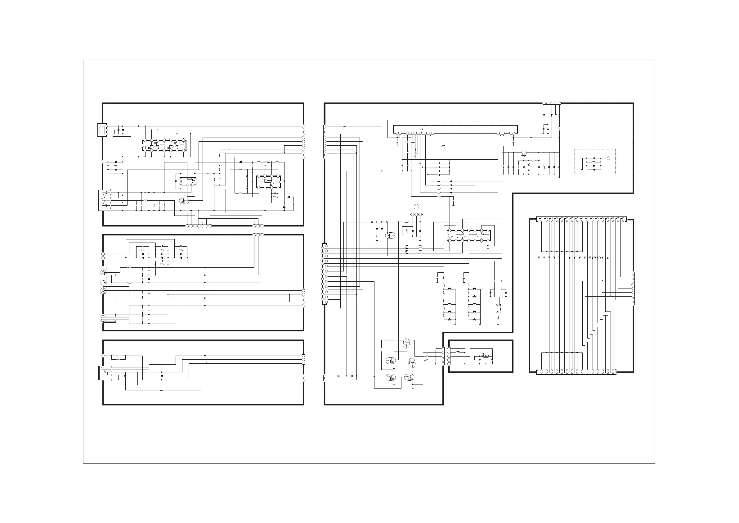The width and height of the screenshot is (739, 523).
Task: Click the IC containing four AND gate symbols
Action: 164,145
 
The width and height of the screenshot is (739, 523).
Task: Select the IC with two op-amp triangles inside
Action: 268,182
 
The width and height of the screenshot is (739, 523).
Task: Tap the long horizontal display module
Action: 455,130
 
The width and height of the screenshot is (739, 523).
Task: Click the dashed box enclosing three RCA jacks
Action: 103,280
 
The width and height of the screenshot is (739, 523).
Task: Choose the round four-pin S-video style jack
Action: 103,319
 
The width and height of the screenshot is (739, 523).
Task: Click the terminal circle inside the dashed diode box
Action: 608,158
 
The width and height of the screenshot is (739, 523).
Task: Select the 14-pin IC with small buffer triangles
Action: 469,235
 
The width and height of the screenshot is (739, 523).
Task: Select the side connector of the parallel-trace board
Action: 633,289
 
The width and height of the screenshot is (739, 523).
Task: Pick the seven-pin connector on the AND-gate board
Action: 199,226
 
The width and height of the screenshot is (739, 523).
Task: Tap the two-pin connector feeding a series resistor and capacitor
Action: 324,378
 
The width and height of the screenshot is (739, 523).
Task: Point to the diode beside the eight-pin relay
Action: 176,181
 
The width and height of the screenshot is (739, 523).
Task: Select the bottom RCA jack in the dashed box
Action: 103,291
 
